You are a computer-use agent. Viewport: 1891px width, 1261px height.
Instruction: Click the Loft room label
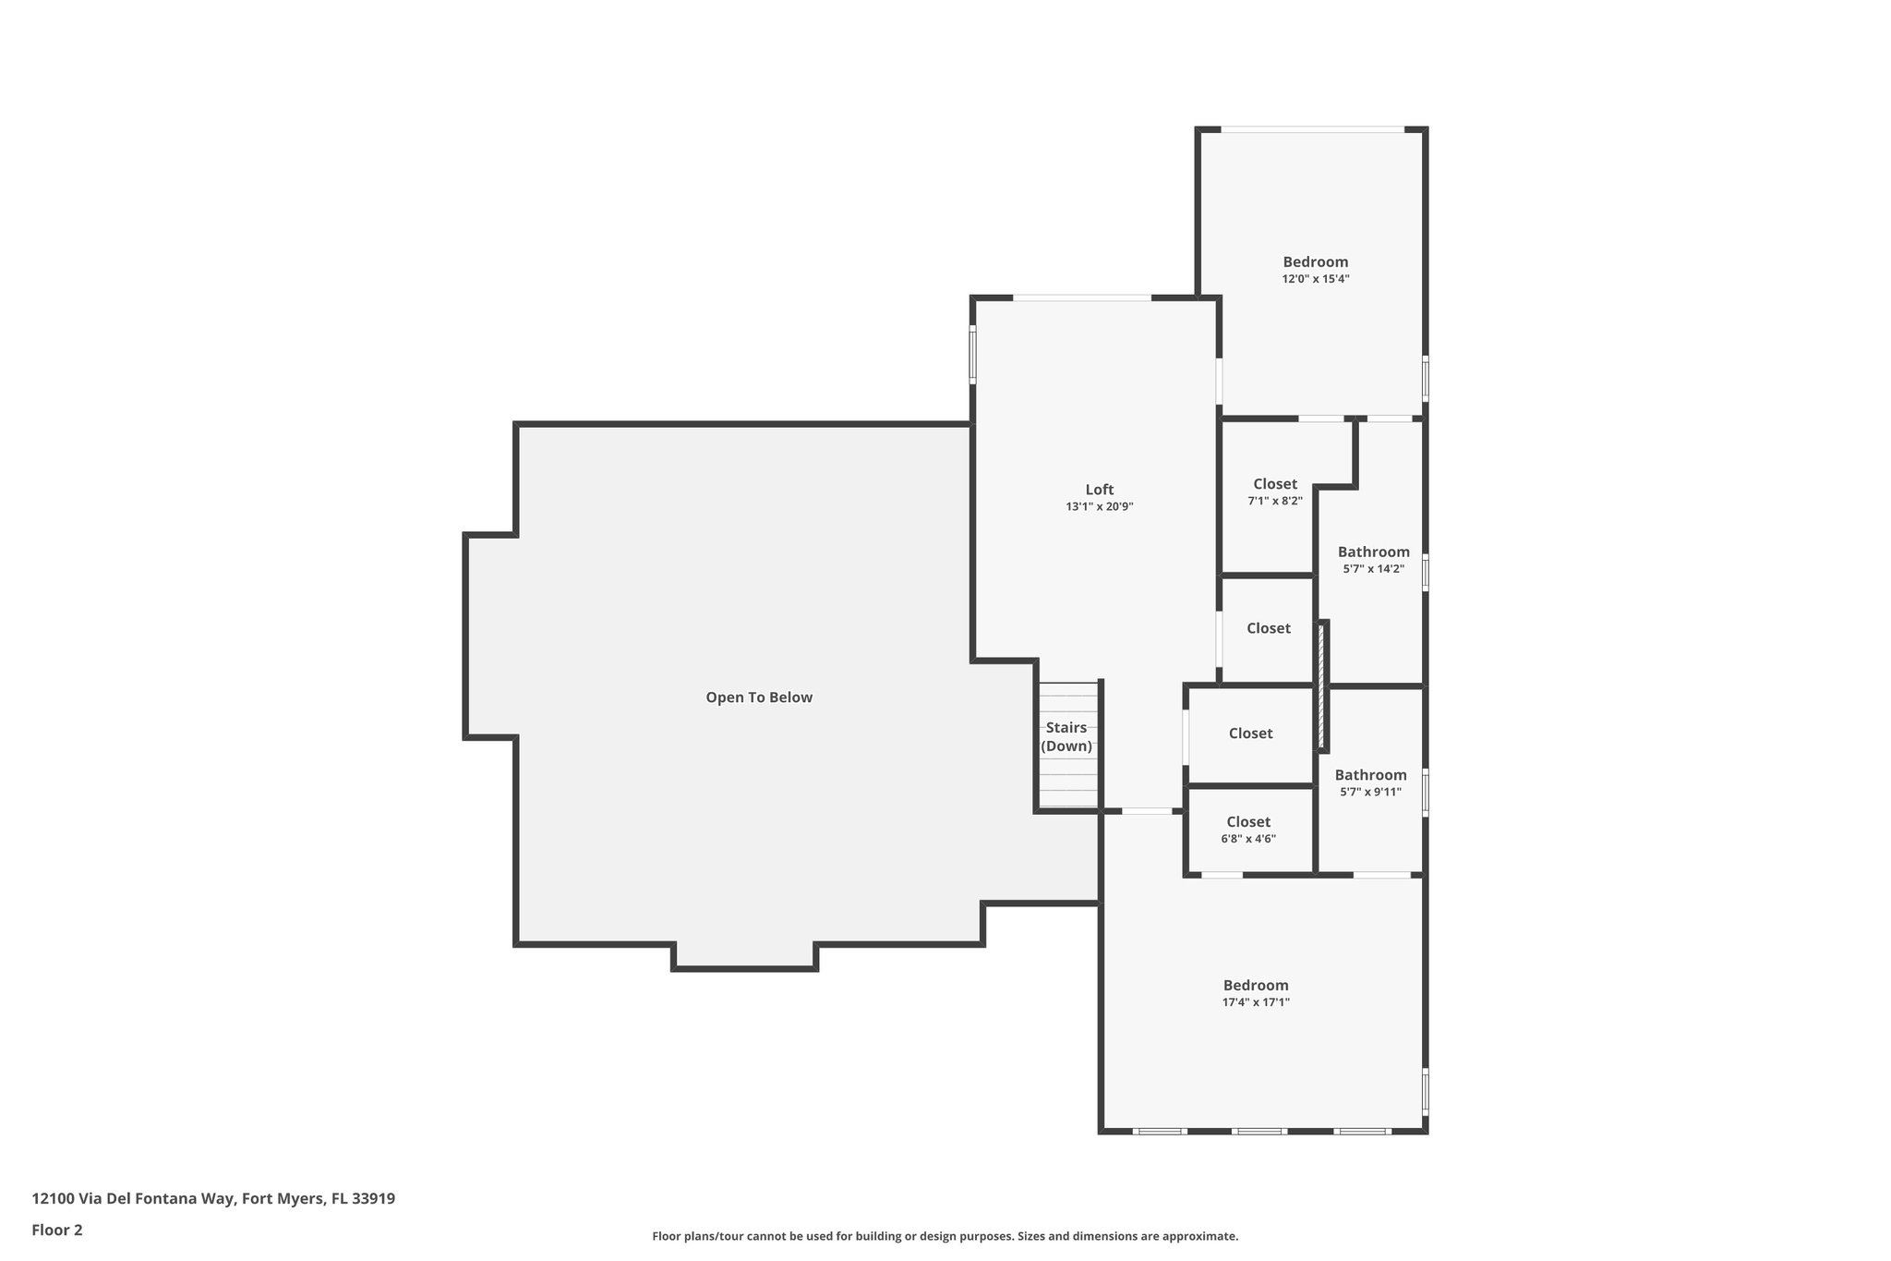point(1099,490)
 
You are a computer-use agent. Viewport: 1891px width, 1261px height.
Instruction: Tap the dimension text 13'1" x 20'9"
point(1099,506)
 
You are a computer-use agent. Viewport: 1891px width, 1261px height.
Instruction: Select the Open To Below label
point(759,697)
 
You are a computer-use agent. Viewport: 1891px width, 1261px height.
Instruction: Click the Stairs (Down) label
point(1066,736)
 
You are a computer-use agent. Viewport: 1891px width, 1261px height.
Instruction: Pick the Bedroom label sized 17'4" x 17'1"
point(1256,985)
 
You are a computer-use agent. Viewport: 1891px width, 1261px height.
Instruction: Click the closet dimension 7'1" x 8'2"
point(1274,501)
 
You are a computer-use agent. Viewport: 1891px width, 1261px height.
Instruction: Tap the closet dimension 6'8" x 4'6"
point(1248,839)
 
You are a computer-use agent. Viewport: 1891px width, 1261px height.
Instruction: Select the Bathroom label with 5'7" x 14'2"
point(1373,552)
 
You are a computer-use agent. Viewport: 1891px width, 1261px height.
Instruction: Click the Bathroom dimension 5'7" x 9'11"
point(1370,792)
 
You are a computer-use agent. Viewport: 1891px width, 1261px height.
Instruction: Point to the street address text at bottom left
point(213,1198)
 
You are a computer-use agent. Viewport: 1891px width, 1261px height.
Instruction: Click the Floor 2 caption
point(57,1230)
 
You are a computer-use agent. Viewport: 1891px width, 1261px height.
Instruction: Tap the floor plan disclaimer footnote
point(945,1236)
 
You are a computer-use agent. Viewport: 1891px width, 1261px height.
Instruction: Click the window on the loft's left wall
point(972,353)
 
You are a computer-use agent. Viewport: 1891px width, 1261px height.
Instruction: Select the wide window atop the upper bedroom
point(1312,129)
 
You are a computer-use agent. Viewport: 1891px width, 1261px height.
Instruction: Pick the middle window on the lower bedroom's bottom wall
point(1259,1131)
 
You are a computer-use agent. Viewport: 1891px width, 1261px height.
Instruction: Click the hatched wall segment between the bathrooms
point(1321,685)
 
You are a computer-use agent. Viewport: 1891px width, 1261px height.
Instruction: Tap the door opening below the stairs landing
point(1147,811)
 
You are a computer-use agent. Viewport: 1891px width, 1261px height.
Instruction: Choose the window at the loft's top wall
point(1082,297)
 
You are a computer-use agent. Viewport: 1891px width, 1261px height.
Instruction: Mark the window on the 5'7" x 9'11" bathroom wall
point(1425,793)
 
